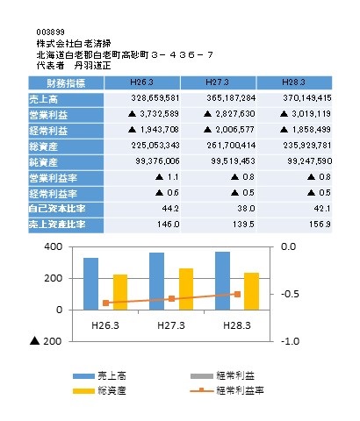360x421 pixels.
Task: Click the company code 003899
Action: [50, 32]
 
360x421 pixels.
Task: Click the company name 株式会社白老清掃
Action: [74, 44]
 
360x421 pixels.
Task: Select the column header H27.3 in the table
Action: [217, 82]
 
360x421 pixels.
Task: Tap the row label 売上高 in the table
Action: [43, 99]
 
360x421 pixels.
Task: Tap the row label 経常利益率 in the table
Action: [53, 194]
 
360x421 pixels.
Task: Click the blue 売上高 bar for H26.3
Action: [90, 284]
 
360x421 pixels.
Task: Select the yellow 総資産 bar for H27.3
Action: [186, 289]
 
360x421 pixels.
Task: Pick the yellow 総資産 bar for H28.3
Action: [252, 291]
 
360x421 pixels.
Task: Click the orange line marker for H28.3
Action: [237, 294]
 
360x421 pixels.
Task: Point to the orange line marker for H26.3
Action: [106, 303]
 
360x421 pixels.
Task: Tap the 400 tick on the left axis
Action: [54, 246]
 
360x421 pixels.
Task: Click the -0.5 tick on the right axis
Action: [290, 294]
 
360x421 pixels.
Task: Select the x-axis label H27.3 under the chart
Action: [171, 325]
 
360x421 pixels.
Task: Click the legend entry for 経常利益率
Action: [227, 390]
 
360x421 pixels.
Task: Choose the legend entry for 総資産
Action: [99, 390]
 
